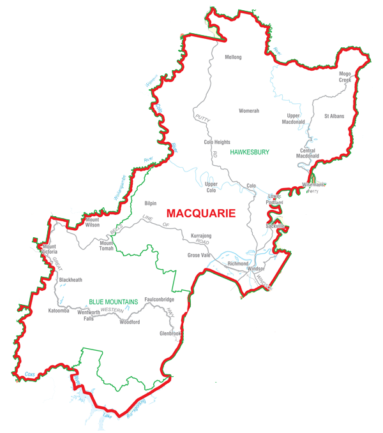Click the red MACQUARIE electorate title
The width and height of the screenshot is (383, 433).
[200, 213]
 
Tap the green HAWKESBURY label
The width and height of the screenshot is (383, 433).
[250, 153]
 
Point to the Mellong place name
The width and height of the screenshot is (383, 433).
[233, 57]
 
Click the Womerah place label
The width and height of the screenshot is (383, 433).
[248, 111]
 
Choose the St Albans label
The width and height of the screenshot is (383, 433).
[334, 117]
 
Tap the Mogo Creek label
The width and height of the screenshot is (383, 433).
[345, 77]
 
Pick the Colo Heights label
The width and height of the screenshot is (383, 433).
[217, 142]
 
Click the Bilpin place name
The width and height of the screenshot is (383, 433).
[150, 203]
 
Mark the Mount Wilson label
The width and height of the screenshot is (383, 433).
[91, 221]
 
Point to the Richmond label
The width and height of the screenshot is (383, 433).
[237, 263]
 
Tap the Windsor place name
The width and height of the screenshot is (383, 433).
[255, 269]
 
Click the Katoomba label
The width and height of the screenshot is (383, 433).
[62, 311]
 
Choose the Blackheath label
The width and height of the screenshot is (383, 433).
[70, 280]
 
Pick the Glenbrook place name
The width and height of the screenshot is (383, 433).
[171, 334]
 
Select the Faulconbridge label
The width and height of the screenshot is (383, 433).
[159, 300]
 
